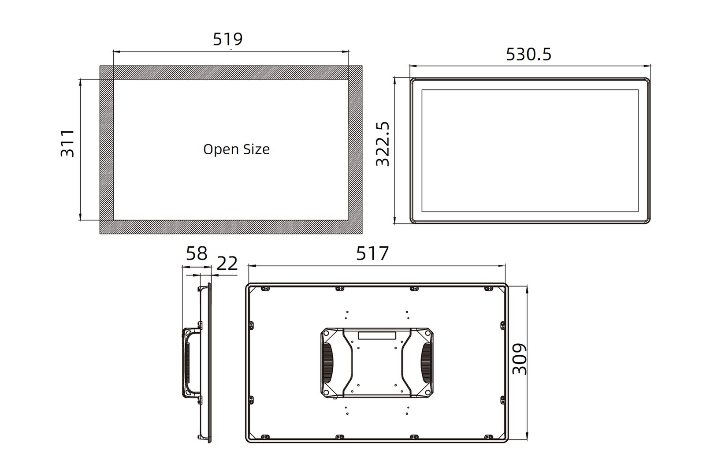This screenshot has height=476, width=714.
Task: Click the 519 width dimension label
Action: coord(227,39)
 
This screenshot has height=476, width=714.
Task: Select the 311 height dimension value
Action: coord(67,143)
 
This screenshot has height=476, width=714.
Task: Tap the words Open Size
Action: coord(236,149)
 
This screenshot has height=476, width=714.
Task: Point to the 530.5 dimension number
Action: coord(528,54)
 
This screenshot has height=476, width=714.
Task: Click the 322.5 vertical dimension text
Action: coord(383,144)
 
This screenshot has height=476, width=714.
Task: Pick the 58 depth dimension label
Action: coord(196,254)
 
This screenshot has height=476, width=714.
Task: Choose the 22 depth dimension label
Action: coord(227,264)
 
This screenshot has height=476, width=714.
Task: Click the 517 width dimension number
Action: coord(372,253)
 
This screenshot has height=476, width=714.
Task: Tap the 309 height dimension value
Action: coord(520,359)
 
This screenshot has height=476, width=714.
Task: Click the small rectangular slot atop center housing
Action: coord(377,335)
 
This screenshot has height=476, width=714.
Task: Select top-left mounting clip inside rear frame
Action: coord(265,289)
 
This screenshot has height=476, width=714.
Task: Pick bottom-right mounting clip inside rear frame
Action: coord(488,437)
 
